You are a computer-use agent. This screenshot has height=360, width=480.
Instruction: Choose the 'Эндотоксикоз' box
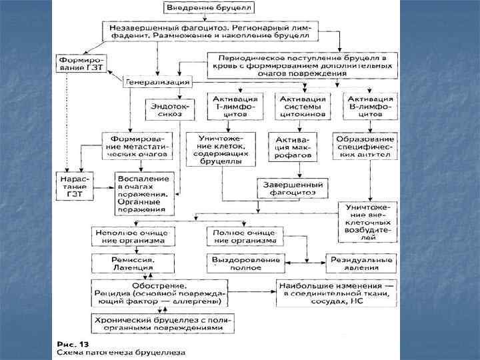[164, 108]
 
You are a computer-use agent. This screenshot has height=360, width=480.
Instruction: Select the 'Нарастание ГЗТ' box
[75, 185]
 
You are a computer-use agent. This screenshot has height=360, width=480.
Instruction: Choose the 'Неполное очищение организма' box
[132, 236]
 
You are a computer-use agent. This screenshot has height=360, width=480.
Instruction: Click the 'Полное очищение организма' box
[243, 236]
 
